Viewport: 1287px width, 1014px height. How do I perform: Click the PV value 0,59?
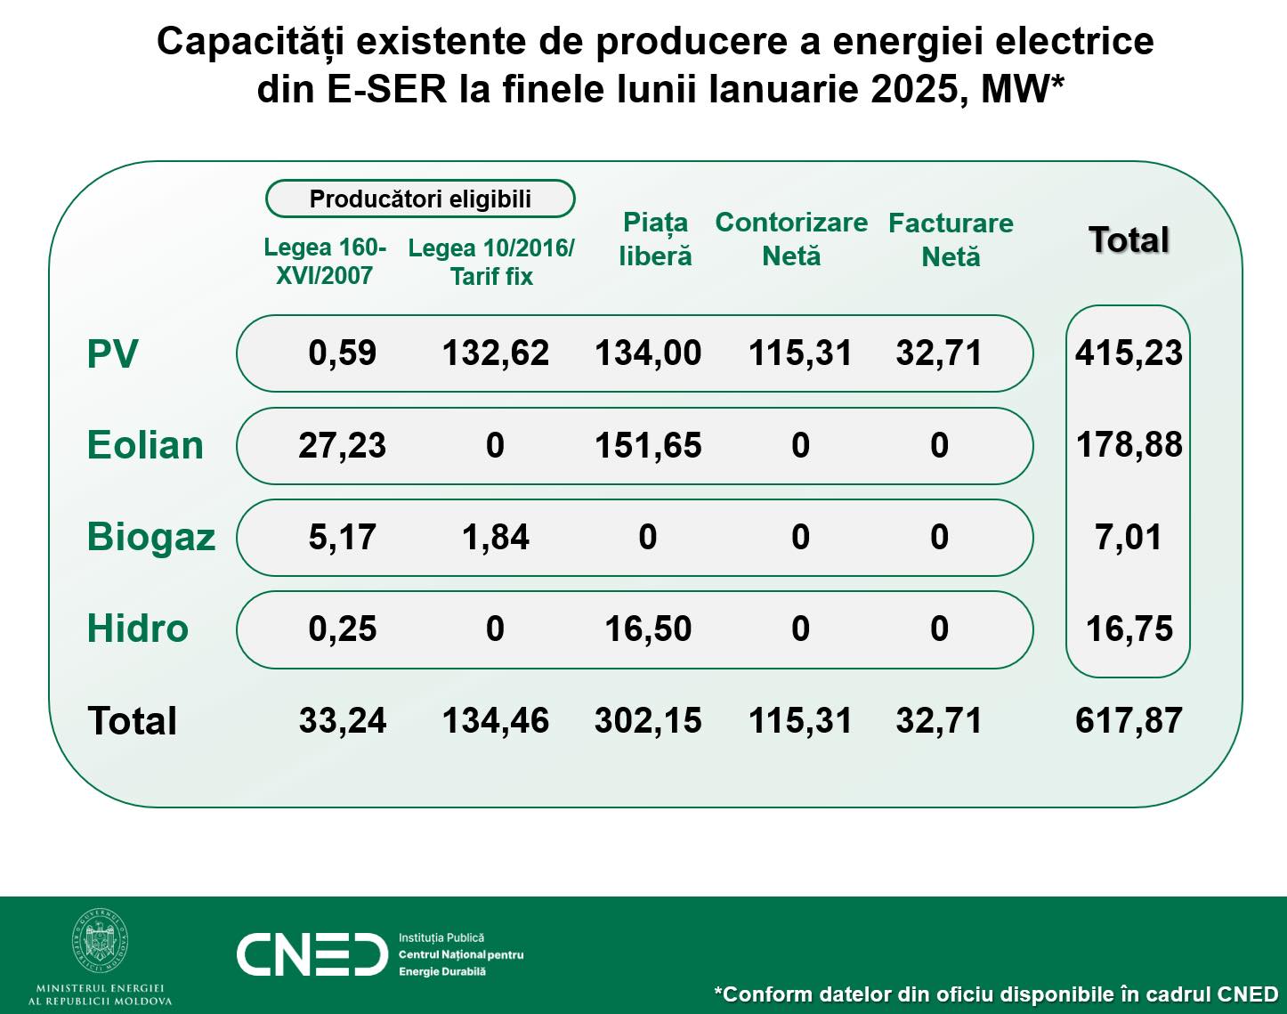pos(343,353)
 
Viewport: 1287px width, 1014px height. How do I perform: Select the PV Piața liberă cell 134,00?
pos(648,353)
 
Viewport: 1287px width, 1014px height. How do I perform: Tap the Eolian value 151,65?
pos(648,445)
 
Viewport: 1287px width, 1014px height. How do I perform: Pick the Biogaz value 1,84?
pos(496,537)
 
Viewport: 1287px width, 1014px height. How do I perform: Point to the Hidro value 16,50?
pos(648,629)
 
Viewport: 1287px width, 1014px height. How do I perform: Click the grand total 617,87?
pos(1129,720)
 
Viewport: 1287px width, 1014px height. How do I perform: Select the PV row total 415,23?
pos(1129,353)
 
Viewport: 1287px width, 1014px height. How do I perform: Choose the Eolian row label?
pos(145,445)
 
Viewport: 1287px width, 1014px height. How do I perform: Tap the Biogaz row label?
pos(151,538)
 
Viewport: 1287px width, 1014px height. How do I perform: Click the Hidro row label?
pos(138,629)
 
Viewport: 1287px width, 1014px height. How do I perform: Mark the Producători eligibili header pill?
pos(420,199)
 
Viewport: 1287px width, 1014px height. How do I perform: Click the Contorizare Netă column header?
pos(791,239)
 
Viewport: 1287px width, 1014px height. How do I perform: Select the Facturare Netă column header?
pos(951,239)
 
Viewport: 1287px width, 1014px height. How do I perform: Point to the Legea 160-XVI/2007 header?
pos(325,261)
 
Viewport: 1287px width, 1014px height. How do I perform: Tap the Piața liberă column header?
pos(655,239)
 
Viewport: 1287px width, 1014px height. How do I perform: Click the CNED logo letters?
pos(312,955)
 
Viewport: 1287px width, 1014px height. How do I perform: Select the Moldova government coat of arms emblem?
pos(100,943)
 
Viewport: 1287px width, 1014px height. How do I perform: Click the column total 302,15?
pos(648,720)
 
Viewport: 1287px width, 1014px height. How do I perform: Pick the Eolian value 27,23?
pos(343,445)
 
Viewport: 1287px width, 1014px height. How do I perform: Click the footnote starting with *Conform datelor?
pos(996,994)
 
